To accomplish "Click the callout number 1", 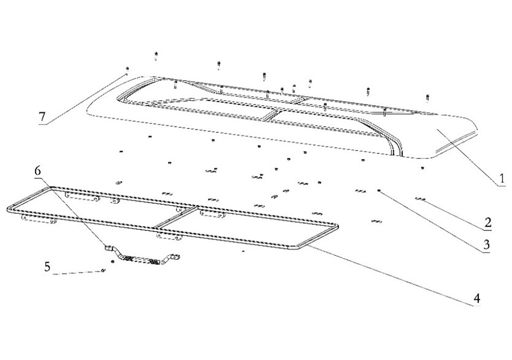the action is [x=501, y=178].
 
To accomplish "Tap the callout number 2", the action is [x=487, y=222].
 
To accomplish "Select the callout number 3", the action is [x=486, y=244].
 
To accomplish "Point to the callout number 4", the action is [x=476, y=298].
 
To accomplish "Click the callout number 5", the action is [x=47, y=266].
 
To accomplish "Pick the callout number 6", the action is [x=38, y=172].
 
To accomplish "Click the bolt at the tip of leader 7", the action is [x=127, y=69].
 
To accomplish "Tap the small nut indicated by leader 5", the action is [x=103, y=270].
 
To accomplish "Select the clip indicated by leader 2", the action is [x=420, y=199].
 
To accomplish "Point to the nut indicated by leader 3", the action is [x=379, y=191].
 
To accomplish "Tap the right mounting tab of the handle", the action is [x=175, y=258].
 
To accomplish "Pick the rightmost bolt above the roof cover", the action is [x=427, y=98].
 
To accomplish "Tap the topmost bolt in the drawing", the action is [x=156, y=55].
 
